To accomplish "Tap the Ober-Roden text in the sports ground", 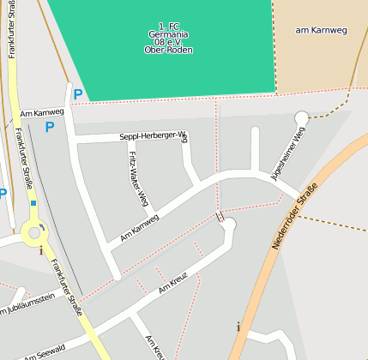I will (168, 50).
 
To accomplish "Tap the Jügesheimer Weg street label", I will (287, 153).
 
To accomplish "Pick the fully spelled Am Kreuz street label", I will (172, 283).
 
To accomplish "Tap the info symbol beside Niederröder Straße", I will (238, 326).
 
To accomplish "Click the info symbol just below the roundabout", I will (40, 250).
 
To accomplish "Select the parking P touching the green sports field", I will (77, 94).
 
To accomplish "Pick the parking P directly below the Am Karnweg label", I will (49, 127).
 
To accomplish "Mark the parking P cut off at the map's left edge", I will (3, 194).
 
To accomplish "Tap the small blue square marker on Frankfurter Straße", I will (33, 204).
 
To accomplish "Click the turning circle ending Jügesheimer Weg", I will (301, 117).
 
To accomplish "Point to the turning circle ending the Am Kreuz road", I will (229, 225).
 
